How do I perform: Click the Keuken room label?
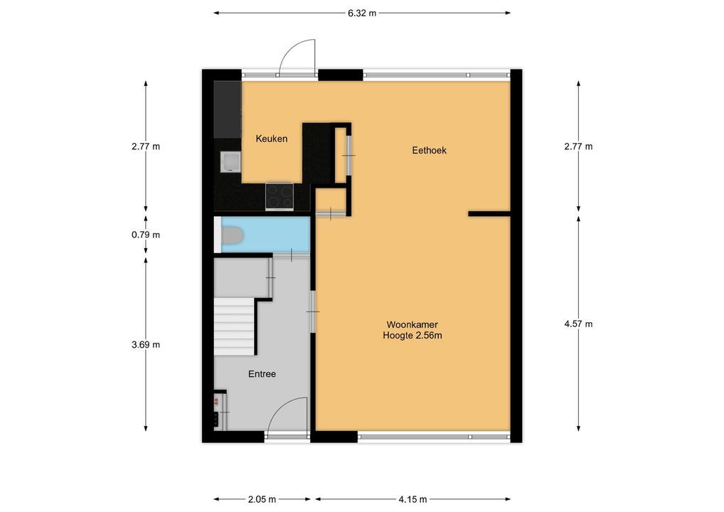click(272, 139)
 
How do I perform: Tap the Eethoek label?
click(429, 150)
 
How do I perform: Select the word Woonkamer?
click(412, 324)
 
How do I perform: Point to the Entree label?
click(262, 374)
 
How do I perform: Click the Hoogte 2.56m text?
click(412, 336)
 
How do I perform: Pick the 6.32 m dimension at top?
click(362, 13)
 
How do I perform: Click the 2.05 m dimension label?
click(262, 499)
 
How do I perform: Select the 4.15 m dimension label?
click(412, 499)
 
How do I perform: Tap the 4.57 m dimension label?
click(578, 324)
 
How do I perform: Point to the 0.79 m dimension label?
click(146, 235)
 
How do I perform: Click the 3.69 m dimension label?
click(146, 344)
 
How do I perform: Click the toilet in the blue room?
click(233, 235)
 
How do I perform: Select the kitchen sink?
click(230, 162)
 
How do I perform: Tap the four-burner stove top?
click(280, 196)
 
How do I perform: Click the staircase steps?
click(234, 326)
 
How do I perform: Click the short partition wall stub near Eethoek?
click(489, 214)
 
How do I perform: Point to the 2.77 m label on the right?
click(578, 146)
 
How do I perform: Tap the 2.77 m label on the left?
click(146, 146)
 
